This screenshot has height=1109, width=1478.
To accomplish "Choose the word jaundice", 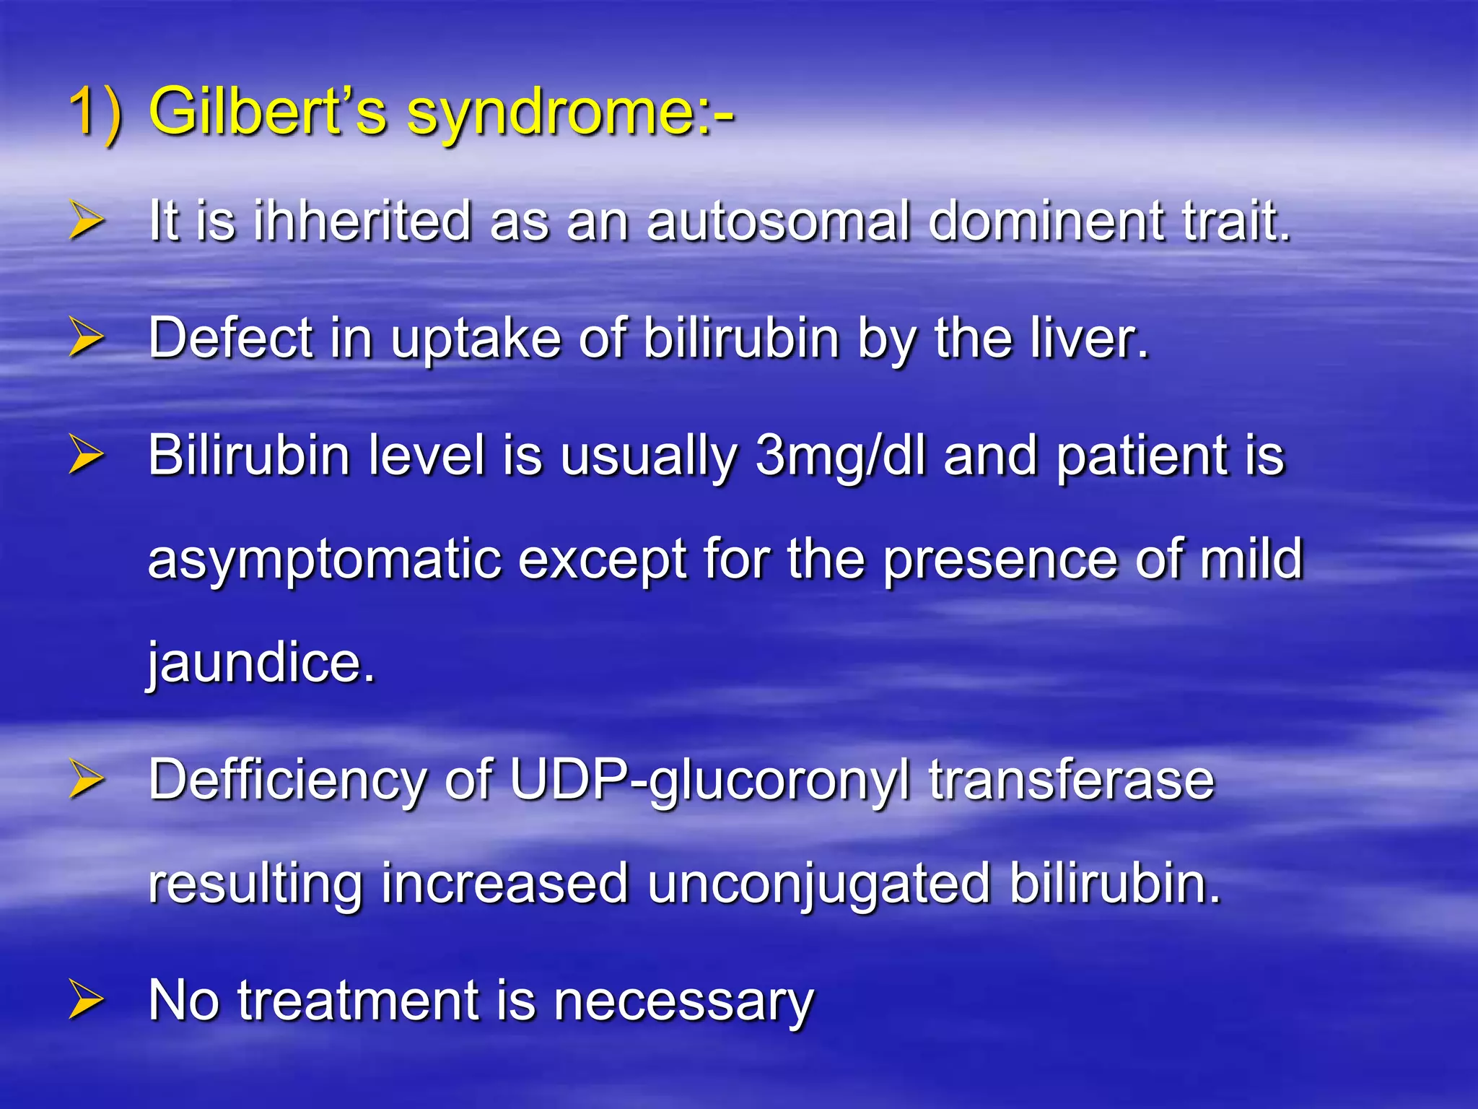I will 261,663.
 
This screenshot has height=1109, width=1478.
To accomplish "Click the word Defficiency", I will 287,780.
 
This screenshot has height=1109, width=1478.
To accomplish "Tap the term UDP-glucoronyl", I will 710,782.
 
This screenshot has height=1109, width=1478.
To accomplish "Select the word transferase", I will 1071,780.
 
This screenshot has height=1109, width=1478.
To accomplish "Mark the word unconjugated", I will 818,885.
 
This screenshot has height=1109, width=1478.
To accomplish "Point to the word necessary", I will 683,1002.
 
